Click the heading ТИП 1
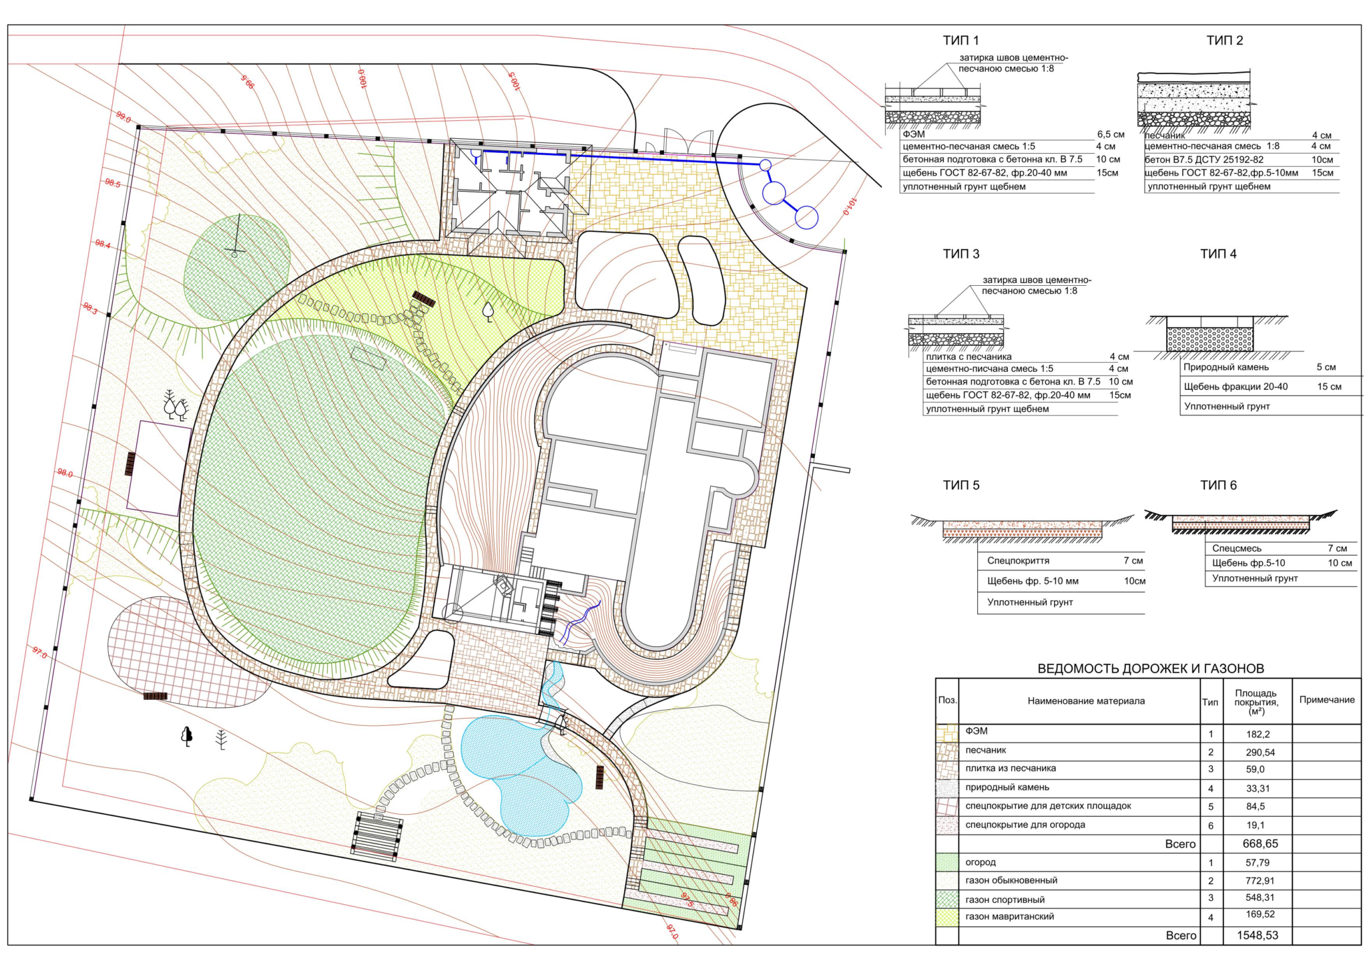tap(961, 41)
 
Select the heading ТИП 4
tap(1218, 254)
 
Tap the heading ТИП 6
tap(1218, 486)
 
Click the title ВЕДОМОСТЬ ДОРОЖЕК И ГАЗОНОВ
tap(1151, 668)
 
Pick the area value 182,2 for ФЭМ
tap(1258, 735)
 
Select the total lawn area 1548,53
tap(1258, 936)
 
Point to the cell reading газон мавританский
tap(1009, 917)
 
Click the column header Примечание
tap(1327, 700)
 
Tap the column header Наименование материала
tap(1086, 701)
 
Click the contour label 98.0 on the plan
tap(65, 473)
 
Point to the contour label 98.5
tap(113, 183)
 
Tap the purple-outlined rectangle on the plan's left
tap(159, 468)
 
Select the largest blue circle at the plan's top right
tap(774, 193)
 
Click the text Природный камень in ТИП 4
tap(1226, 367)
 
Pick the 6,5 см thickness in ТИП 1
tap(1111, 134)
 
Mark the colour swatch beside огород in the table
tap(947, 862)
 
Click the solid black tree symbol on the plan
tap(187, 736)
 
